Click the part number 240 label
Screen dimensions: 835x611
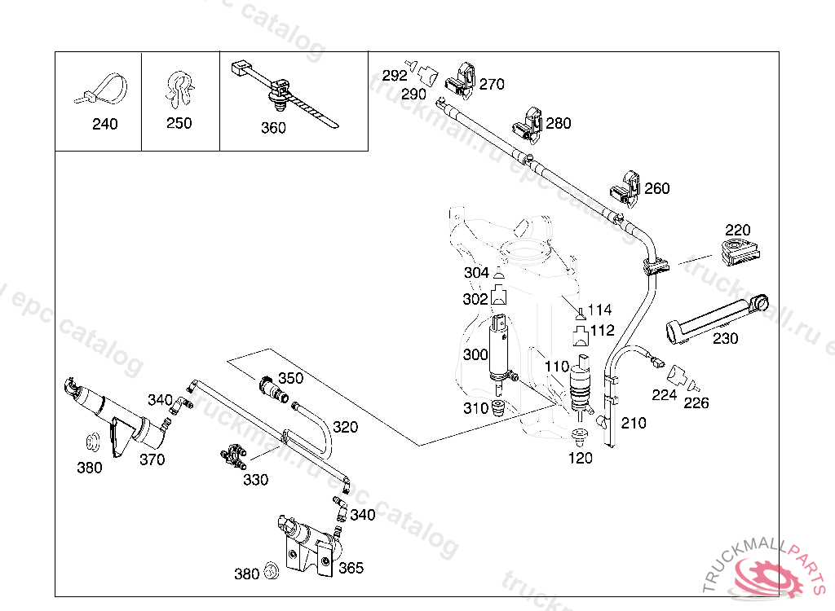tap(105, 124)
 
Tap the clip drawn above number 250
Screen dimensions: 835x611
tap(179, 89)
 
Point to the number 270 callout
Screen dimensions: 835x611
tap(492, 84)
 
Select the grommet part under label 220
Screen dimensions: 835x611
tap(740, 253)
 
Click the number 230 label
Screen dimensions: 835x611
tap(725, 339)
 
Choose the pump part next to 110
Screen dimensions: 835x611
tap(581, 385)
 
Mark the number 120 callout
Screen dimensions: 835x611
tap(580, 458)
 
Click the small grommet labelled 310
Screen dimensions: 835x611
tap(498, 409)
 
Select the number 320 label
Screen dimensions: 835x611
tap(345, 427)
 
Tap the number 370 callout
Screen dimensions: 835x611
tap(152, 459)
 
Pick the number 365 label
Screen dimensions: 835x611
tap(351, 568)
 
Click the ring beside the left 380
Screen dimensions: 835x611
tap(93, 442)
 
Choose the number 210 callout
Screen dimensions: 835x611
tap(634, 423)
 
